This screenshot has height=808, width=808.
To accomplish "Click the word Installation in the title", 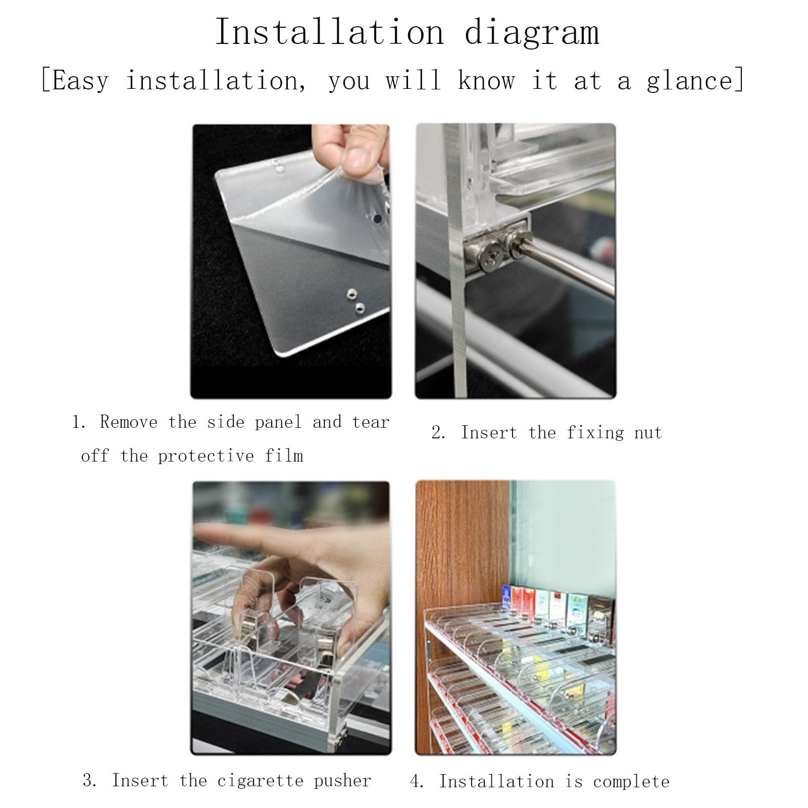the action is [x=330, y=32].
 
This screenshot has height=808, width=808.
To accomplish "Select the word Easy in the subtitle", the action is [x=80, y=81].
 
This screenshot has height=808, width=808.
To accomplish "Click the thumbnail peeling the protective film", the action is [x=291, y=261].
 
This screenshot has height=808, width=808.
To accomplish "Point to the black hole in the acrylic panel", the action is [x=378, y=220].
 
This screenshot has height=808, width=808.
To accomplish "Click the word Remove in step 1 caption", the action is [x=129, y=422].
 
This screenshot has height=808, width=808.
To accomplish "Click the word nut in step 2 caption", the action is [x=648, y=433].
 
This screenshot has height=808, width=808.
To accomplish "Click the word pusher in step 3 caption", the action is [x=342, y=781].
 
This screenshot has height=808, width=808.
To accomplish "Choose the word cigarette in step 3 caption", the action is [x=261, y=781].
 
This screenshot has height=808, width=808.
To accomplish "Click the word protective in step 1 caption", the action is [x=206, y=456].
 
